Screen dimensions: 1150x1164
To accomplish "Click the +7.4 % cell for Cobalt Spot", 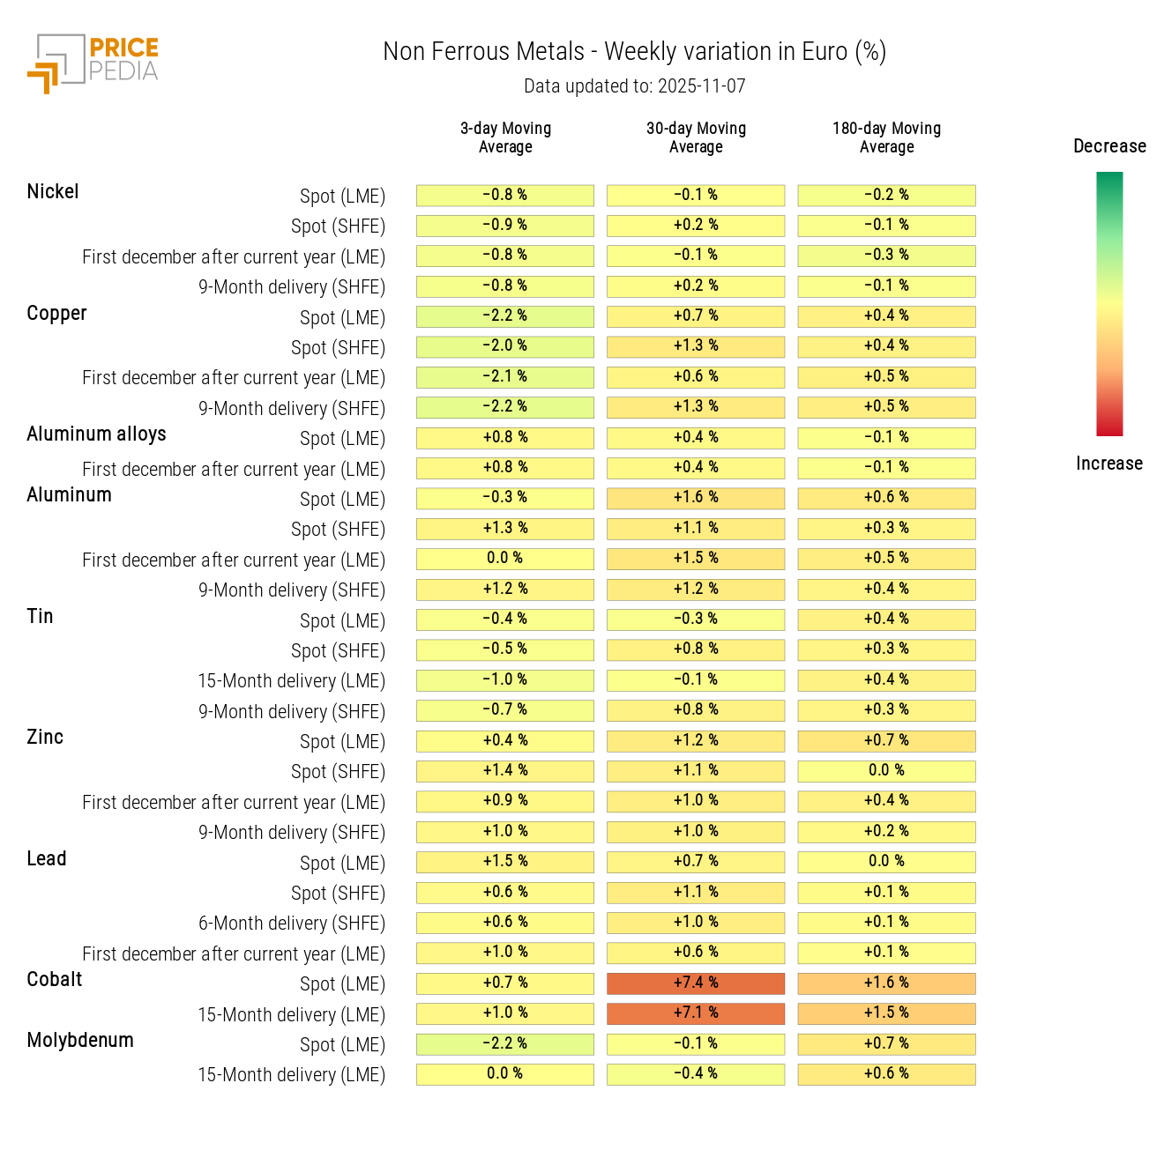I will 696,983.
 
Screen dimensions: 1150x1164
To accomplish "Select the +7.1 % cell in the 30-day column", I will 696,1013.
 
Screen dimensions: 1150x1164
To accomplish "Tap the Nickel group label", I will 53,192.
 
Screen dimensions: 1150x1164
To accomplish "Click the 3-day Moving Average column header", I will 505,137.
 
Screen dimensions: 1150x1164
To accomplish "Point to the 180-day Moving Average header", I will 886,137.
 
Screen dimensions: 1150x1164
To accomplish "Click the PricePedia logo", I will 93,63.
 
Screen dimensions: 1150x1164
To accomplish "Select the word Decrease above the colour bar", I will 1109,146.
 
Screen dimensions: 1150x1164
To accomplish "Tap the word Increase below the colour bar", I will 1109,464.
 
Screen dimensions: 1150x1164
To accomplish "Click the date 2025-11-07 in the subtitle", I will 701,86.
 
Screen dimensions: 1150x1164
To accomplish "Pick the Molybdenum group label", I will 80,1041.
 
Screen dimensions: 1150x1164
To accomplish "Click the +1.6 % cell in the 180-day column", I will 886,983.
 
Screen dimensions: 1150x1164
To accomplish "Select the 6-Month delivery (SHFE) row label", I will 291,924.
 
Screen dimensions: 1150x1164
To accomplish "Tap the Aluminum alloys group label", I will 96,434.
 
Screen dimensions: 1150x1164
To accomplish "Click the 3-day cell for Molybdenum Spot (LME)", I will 505,1043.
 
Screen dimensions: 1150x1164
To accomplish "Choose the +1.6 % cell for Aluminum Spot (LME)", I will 696,498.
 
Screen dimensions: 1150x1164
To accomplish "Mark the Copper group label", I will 56,314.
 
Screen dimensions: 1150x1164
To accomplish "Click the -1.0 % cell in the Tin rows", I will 505,680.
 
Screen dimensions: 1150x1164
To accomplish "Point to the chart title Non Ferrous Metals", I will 483,52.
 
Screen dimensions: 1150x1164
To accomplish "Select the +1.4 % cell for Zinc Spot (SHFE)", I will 505,771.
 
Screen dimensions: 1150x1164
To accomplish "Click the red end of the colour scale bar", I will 1109,427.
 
